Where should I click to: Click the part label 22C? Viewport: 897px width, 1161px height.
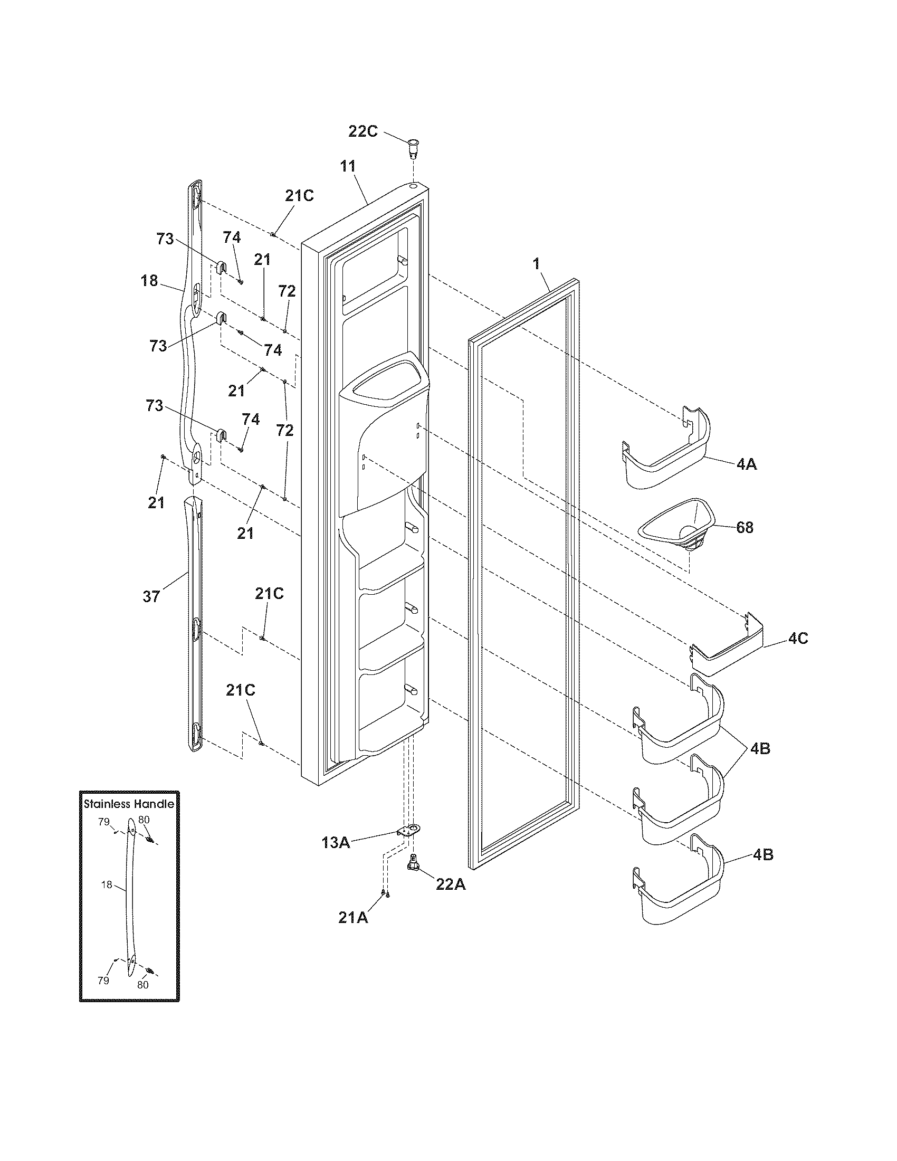click(x=363, y=131)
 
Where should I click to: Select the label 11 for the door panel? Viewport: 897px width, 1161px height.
click(x=348, y=166)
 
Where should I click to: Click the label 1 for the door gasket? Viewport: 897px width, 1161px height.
click(x=537, y=263)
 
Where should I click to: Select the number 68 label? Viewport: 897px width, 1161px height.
click(x=745, y=528)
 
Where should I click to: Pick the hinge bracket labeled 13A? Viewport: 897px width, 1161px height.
click(x=408, y=831)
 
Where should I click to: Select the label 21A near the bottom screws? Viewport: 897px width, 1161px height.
click(x=353, y=917)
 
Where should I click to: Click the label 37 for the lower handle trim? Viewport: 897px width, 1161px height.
click(x=151, y=597)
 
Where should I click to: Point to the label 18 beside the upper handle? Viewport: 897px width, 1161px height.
click(x=149, y=280)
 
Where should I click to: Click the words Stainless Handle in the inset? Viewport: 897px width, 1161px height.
click(x=129, y=804)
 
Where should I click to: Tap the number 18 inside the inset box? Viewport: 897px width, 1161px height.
click(x=106, y=885)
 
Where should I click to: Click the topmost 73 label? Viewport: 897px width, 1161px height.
click(x=165, y=239)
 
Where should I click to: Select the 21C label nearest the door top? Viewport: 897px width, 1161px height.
click(x=299, y=196)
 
